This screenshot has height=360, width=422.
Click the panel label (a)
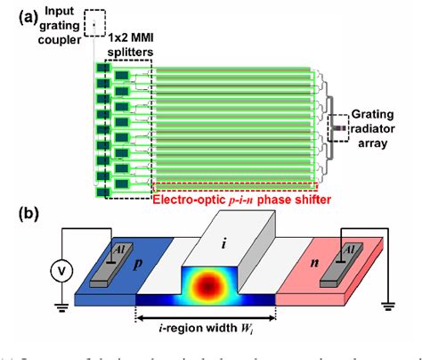tap(15, 12)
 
